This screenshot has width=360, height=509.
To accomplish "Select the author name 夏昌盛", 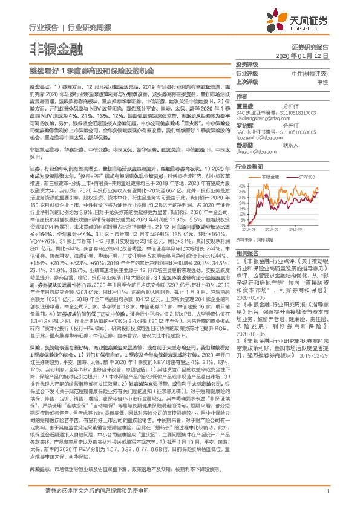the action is (244, 106).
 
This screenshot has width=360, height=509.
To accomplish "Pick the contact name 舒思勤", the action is (244, 144).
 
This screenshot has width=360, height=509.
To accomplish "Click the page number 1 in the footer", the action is (327, 493).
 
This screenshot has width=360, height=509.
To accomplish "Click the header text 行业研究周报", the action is (85, 28).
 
